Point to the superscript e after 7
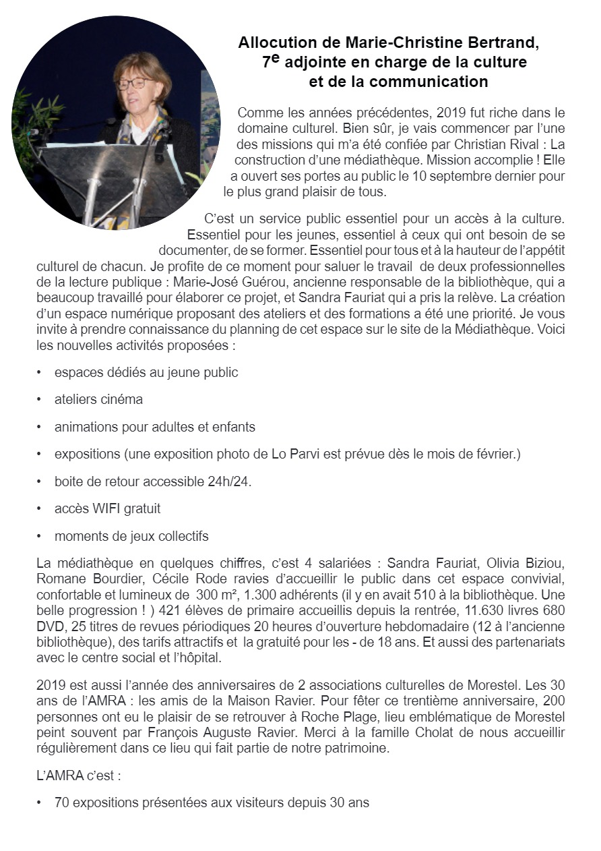tap(275, 59)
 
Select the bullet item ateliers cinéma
tap(98, 399)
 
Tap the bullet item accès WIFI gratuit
tap(107, 509)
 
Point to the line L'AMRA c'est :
tap(79, 776)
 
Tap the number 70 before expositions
tap(61, 804)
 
